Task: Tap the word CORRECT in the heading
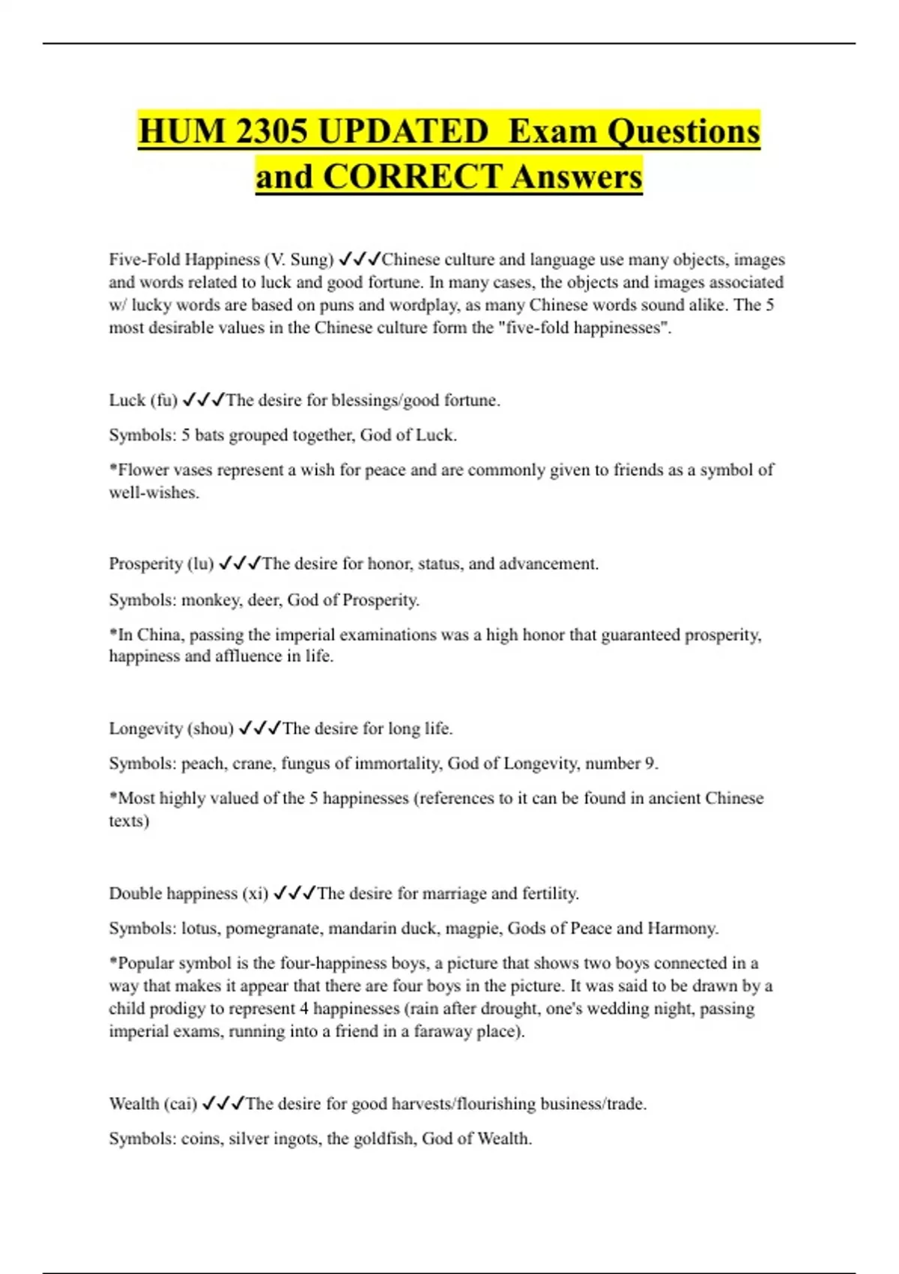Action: click(x=412, y=177)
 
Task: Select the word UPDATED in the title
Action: click(x=403, y=131)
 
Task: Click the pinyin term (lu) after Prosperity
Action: click(x=202, y=564)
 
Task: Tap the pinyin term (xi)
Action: click(x=255, y=893)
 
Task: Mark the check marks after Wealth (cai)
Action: click(x=223, y=1103)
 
